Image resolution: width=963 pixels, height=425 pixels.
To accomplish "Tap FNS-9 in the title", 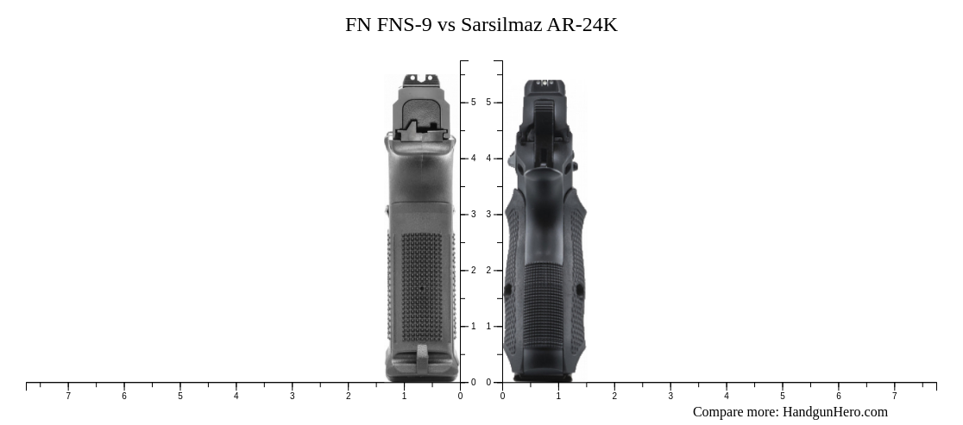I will coord(405,25).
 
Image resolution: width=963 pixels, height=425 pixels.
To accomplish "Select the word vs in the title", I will coord(447,25).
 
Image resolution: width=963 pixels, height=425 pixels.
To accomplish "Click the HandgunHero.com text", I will coord(834,412).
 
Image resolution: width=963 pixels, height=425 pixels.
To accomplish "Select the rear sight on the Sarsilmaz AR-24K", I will coord(544,84).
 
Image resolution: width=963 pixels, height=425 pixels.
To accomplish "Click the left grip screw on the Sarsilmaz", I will coord(508,291).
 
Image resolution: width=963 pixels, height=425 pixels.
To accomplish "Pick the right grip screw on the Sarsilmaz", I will coord(580,291).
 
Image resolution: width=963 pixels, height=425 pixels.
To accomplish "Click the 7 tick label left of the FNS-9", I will coord(68,397).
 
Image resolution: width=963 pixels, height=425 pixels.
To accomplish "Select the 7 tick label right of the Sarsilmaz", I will coord(894,397).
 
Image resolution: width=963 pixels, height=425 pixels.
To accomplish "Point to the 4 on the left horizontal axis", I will coord(236,397).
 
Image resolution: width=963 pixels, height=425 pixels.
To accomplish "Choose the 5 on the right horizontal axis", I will coord(783,397).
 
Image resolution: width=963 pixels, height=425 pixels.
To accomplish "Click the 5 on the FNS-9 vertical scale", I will coord(473,103).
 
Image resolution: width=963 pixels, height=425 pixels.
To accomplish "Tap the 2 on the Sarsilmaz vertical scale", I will coord(488,271).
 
